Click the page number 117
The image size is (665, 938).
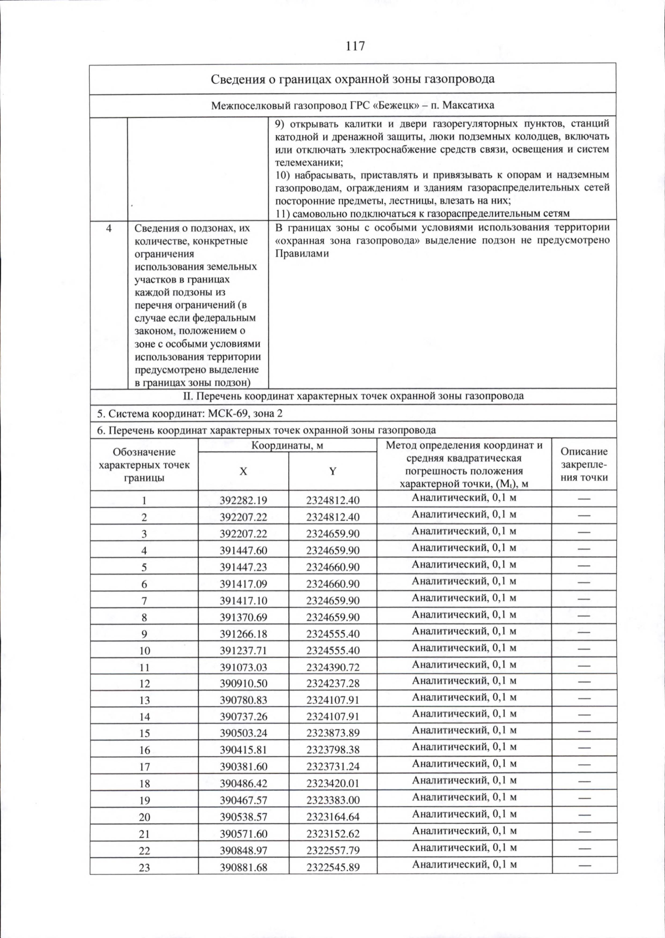[355, 45]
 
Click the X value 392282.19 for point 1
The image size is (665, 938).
[243, 500]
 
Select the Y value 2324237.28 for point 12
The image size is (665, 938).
[332, 683]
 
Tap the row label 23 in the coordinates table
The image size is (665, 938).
[144, 868]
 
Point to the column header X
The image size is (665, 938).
[243, 471]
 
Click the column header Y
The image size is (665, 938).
[332, 471]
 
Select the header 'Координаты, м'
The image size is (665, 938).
[287, 445]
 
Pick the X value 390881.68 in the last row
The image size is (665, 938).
[243, 867]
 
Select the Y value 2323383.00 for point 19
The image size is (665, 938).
[332, 800]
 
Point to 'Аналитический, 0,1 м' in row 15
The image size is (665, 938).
[464, 730]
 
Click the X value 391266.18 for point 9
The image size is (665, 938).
[243, 633]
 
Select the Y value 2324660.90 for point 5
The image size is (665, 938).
[332, 567]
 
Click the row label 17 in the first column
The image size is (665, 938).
[144, 767]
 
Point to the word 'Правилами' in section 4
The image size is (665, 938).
[302, 254]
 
